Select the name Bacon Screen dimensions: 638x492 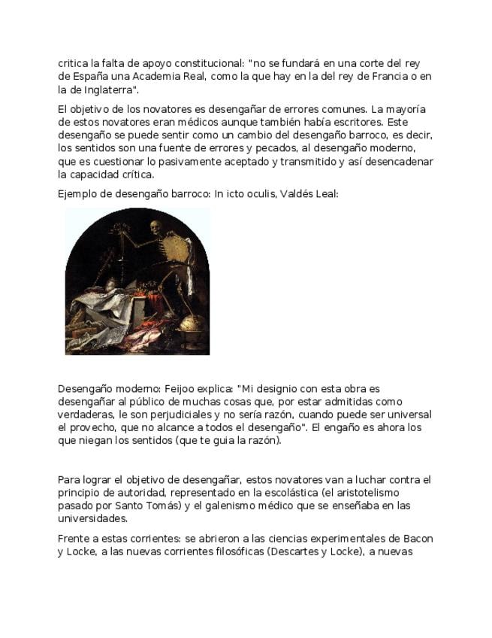417,539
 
